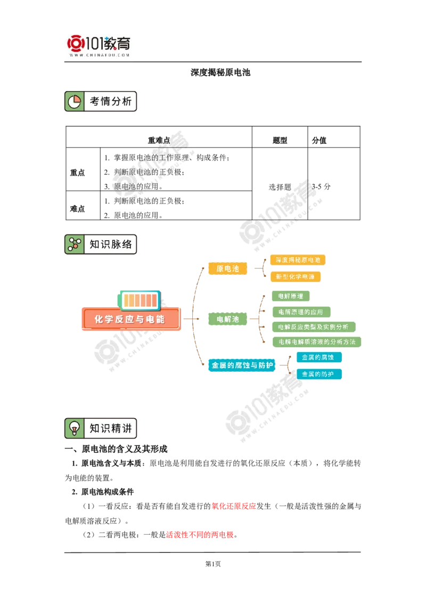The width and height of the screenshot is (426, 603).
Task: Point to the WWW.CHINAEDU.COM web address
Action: click(x=100, y=55)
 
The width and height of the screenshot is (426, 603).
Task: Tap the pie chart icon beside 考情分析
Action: click(x=75, y=101)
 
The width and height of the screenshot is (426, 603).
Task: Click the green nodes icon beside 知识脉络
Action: click(x=75, y=245)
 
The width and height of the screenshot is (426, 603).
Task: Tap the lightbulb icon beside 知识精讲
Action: click(x=75, y=428)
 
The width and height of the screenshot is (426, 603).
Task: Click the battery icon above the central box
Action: click(x=140, y=300)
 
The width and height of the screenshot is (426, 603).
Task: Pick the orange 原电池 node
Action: click(x=227, y=269)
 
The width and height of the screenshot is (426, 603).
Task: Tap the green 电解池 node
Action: click(x=227, y=319)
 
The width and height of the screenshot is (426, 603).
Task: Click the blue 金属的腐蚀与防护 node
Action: click(x=242, y=365)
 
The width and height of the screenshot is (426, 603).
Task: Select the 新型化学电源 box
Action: click(x=296, y=277)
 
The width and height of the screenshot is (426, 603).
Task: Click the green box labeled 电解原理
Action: click(x=290, y=296)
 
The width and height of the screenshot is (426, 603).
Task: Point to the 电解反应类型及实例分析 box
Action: click(x=313, y=327)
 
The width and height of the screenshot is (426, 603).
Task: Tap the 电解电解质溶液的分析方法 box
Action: click(x=316, y=341)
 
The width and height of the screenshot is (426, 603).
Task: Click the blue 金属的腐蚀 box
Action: click(x=319, y=357)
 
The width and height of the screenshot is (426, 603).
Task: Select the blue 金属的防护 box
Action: click(x=318, y=374)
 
